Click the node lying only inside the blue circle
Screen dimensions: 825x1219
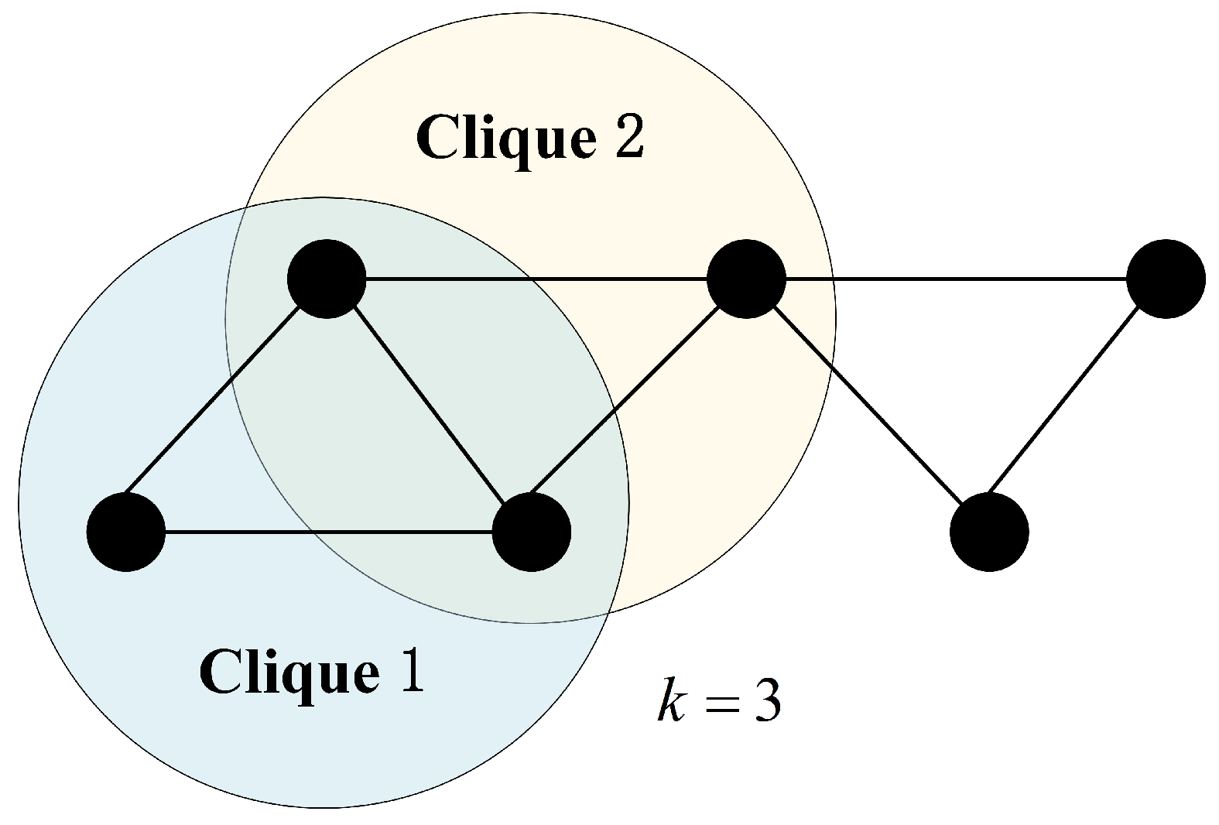[126, 532]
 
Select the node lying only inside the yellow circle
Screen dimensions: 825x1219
[746, 278]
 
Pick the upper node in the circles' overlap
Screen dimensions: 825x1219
[326, 279]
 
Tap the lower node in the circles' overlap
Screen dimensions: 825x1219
[531, 532]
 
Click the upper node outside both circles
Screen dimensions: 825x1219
[1165, 278]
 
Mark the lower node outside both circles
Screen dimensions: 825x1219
[988, 532]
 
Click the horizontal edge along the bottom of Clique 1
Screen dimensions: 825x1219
[329, 532]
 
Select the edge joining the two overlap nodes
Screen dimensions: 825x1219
[428, 405]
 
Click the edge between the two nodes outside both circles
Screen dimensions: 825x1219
[1077, 405]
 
